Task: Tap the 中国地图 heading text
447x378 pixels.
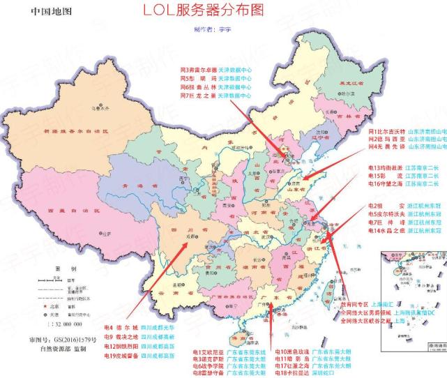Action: tap(51, 12)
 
